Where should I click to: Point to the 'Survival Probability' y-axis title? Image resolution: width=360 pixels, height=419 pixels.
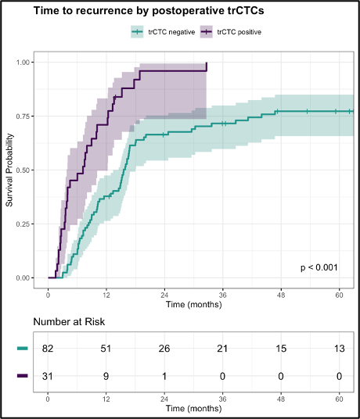[x=10, y=170]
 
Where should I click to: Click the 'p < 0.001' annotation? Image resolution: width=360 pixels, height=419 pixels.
[x=319, y=268]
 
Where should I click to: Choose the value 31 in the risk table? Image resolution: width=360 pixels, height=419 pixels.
[x=49, y=377]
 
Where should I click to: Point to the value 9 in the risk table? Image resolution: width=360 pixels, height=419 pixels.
[x=106, y=377]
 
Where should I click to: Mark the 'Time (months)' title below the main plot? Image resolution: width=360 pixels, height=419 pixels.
[x=193, y=304]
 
